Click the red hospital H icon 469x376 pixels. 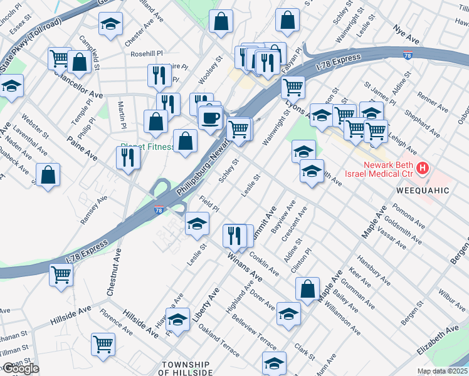coord(424,168)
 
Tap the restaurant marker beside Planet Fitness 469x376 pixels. coord(129,159)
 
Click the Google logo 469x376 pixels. coord(20,368)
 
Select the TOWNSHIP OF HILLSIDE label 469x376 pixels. coord(186,368)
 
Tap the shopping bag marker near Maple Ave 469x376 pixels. coord(308,290)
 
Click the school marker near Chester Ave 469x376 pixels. coord(111,24)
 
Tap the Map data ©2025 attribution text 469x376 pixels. coord(443,371)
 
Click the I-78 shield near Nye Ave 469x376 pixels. coord(408,56)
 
